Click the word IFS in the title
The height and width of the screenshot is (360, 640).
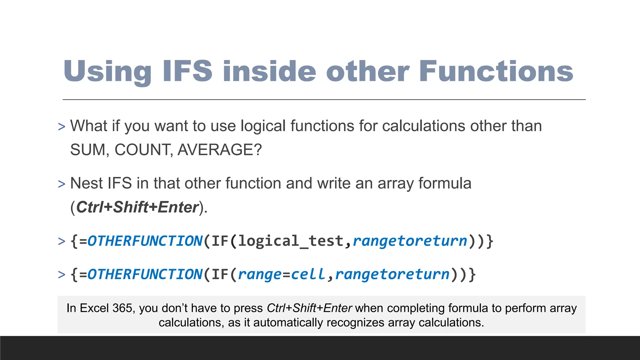[187, 71]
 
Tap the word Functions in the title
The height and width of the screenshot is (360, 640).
[496, 71]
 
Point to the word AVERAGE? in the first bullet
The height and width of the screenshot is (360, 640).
[220, 150]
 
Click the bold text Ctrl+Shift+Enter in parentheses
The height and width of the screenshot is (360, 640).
[137, 207]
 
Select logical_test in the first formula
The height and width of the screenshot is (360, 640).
[291, 241]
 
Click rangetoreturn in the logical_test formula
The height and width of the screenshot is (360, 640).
[410, 241]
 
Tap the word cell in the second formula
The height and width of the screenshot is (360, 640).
[308, 274]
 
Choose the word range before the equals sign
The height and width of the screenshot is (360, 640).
[260, 274]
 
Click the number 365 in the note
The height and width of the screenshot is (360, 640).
[122, 308]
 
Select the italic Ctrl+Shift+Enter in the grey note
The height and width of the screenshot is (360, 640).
[309, 308]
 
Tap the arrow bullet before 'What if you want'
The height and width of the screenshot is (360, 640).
[62, 127]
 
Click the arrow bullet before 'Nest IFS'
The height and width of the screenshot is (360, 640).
[62, 184]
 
